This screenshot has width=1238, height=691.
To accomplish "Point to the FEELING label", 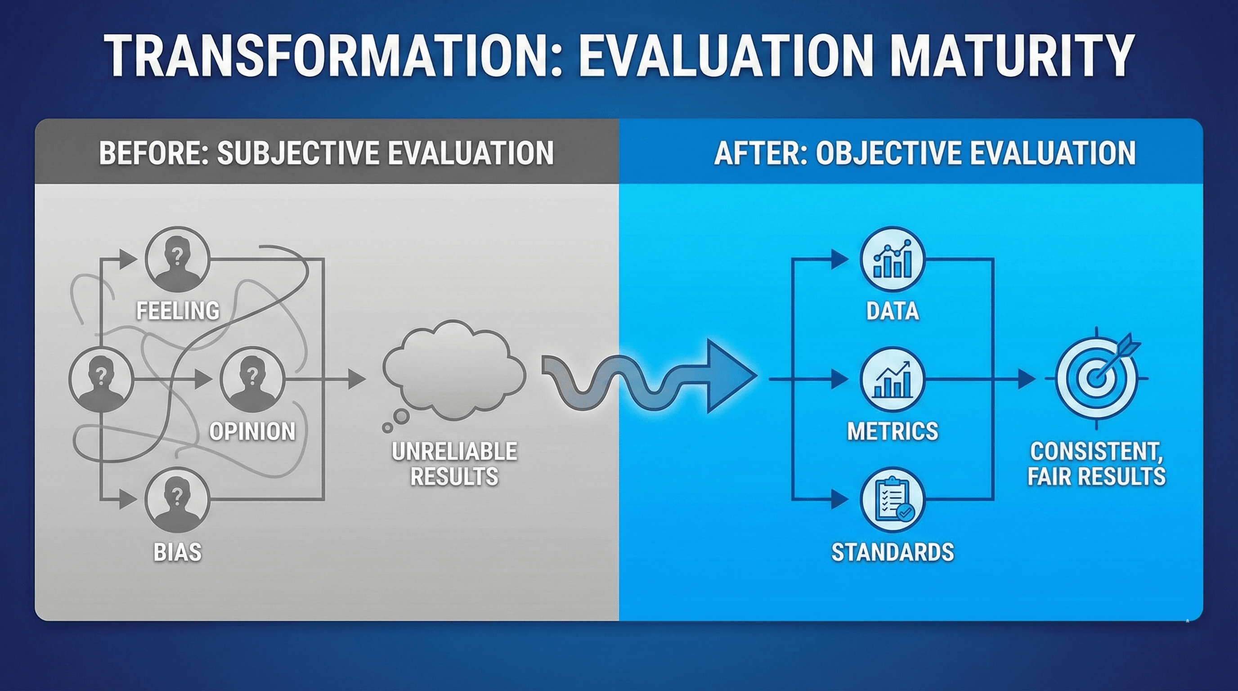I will coord(178,310).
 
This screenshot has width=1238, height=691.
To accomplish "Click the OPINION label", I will coord(252,431).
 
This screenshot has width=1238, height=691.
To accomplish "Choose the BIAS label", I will coord(177,552).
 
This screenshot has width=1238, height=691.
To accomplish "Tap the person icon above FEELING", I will coord(177,260).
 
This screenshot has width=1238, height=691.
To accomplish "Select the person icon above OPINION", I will coord(252,380).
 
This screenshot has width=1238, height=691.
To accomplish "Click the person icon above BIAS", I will coord(177,500).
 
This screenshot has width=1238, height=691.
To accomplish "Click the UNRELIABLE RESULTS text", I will coord(454,464).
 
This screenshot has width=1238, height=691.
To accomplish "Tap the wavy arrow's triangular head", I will coord(728,376).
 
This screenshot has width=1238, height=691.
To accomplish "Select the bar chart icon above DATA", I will coord(893,260).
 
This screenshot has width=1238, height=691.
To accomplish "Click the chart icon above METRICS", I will coord(893,380).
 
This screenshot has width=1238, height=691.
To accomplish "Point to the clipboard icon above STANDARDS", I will coord(893,500).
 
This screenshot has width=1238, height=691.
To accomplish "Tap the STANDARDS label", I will coord(893,552).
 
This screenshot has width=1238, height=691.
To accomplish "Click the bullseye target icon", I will coord(1096,378).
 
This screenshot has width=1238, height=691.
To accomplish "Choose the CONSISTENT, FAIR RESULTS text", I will coord(1096,464).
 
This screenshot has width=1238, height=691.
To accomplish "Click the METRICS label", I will coord(893,431).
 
